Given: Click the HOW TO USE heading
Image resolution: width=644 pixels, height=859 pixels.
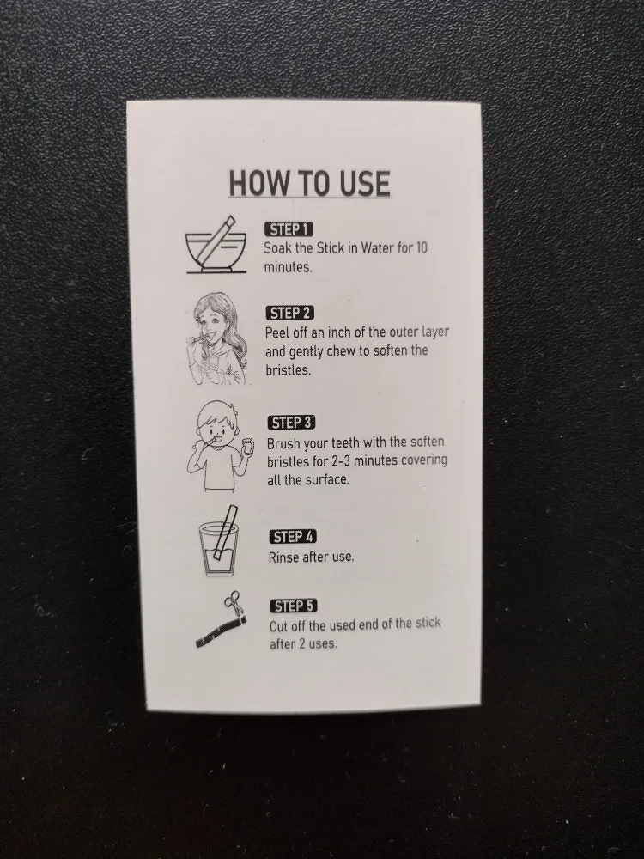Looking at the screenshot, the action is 309,183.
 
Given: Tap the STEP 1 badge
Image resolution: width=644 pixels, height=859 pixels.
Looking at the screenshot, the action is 289,229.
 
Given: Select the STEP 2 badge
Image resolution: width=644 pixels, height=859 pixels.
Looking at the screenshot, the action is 290,313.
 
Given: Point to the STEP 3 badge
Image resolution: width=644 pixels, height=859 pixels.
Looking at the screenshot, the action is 292,423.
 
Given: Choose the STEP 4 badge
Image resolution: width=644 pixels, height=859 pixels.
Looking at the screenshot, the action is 293,537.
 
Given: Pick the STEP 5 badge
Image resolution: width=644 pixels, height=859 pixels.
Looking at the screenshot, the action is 294,606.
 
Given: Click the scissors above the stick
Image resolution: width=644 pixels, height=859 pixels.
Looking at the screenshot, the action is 234,605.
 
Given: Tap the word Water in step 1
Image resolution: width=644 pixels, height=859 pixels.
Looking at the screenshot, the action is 377,247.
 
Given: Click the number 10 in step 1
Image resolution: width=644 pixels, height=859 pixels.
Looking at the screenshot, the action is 421,247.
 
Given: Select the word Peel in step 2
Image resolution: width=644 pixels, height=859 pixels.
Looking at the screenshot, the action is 277,332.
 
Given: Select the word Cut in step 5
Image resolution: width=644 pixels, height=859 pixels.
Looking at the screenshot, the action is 279,625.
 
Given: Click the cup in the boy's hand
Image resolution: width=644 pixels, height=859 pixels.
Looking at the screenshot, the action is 248,447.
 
